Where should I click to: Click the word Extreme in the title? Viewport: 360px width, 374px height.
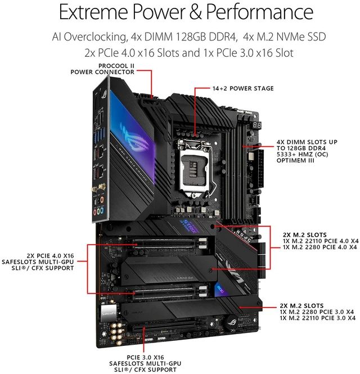(93, 12)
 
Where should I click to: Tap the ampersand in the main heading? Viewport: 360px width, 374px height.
(195, 12)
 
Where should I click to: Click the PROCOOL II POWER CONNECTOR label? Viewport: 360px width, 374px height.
(102, 69)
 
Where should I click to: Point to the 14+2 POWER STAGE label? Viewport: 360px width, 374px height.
(243, 88)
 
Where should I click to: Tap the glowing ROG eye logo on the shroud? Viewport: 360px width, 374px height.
(134, 138)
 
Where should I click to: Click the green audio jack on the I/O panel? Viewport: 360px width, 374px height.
(98, 211)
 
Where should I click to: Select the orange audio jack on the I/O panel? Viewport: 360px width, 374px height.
(102, 199)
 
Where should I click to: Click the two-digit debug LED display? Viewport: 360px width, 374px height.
(256, 125)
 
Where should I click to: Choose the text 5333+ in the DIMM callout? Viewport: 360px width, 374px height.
(286, 154)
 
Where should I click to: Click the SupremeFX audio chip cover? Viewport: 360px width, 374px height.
(109, 313)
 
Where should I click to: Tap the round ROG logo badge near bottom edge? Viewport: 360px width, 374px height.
(232, 323)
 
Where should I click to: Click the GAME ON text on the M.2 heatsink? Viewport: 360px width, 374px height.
(185, 278)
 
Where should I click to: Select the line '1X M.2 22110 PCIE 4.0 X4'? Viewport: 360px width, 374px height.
(321, 241)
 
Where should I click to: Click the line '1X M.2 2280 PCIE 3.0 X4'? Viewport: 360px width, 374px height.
(317, 312)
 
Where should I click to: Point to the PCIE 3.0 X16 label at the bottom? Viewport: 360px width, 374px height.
(145, 357)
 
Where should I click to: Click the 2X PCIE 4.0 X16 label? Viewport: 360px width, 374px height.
(50, 256)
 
